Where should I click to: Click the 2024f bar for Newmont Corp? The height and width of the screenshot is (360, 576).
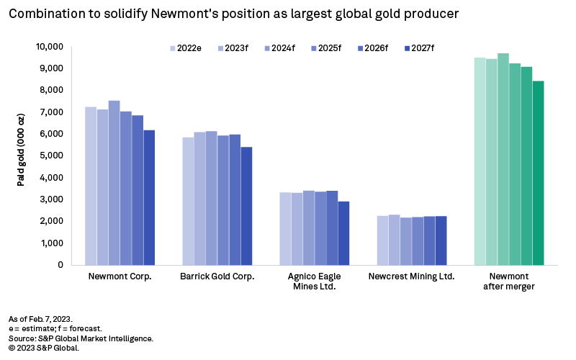click(114, 183)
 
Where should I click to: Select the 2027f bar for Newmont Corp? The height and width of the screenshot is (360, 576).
click(149, 197)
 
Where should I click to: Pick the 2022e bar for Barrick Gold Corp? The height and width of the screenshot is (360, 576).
click(188, 201)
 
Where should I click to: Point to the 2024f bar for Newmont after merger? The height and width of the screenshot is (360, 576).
click(503, 159)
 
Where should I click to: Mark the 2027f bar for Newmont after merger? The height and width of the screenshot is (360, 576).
click(538, 173)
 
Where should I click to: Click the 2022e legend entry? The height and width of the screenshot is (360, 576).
click(183, 48)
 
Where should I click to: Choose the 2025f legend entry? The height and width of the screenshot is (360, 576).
click(325, 48)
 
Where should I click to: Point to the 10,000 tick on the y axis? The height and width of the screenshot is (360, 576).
click(49, 47)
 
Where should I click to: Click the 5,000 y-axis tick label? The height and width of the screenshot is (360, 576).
click(53, 156)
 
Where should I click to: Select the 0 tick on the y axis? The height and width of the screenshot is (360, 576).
click(60, 265)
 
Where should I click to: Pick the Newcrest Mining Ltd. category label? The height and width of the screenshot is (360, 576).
click(411, 276)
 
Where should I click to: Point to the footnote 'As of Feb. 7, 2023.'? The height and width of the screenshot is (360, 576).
click(42, 318)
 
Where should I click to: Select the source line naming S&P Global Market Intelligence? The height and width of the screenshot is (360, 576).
click(81, 338)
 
